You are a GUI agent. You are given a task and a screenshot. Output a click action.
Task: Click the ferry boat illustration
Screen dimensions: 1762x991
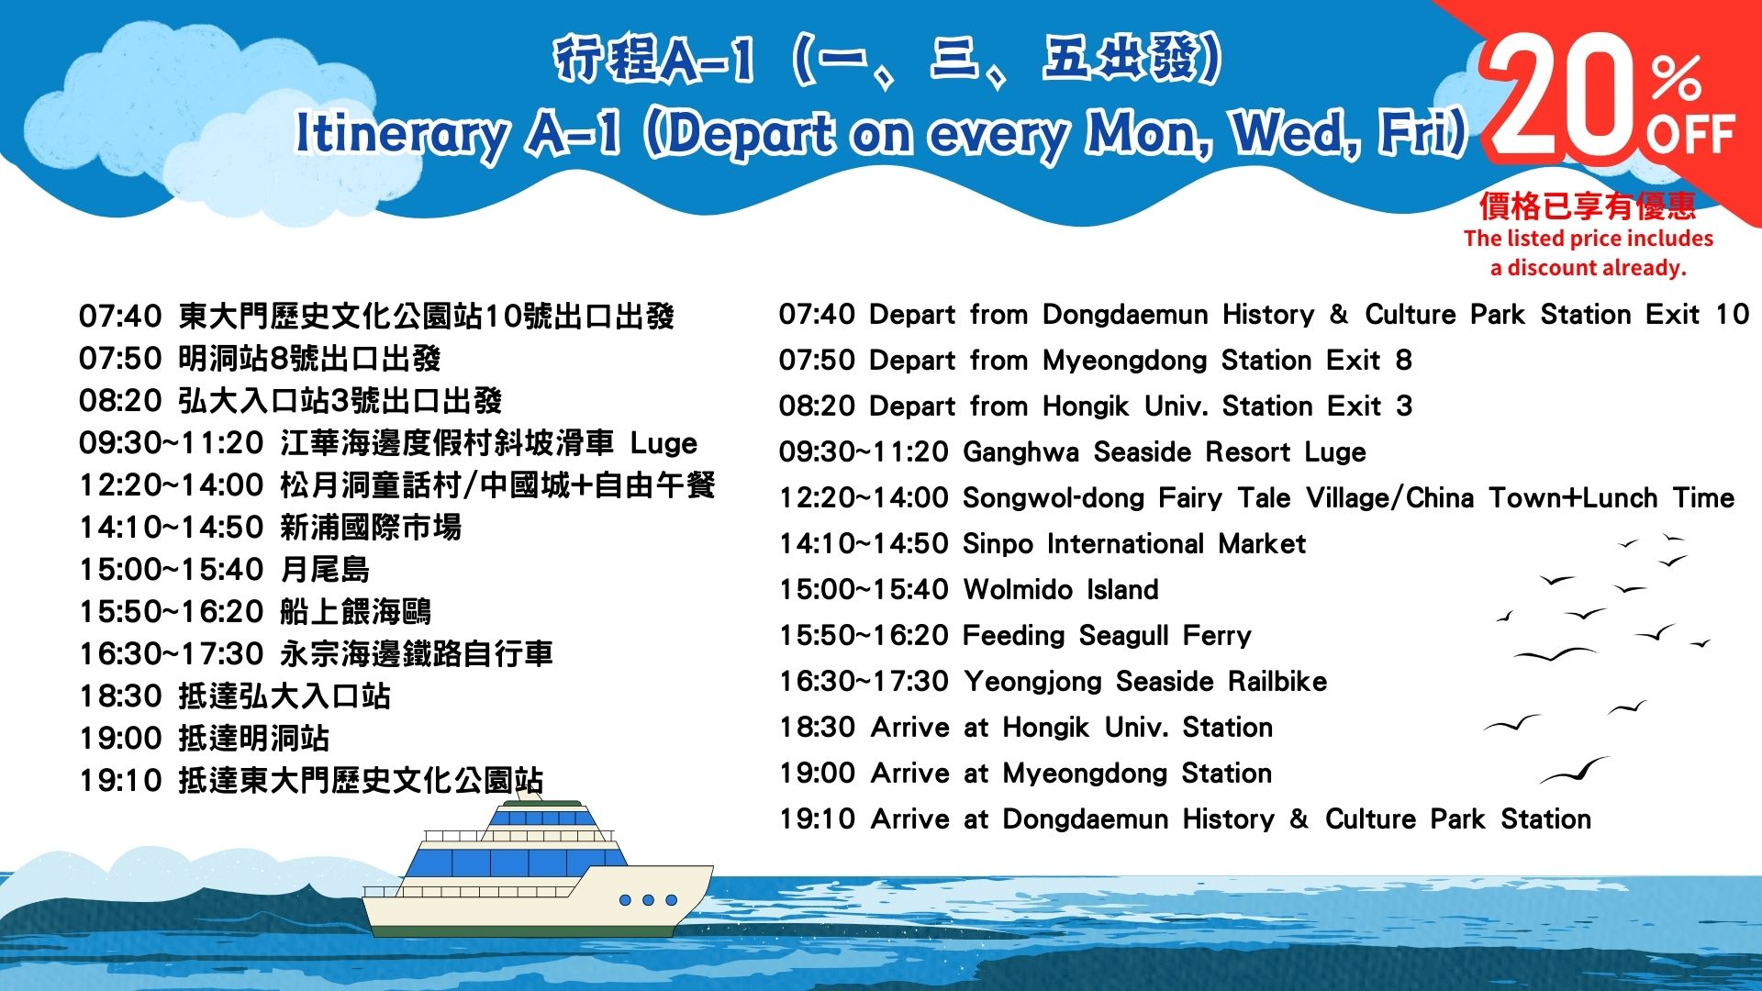538,868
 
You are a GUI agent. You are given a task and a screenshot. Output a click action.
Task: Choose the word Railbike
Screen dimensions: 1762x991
1277,681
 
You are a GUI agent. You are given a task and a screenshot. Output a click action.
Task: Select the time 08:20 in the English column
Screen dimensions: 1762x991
817,406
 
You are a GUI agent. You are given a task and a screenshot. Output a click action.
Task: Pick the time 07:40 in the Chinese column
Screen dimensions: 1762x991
120,317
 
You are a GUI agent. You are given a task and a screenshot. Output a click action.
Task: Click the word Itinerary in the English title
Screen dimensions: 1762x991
402,134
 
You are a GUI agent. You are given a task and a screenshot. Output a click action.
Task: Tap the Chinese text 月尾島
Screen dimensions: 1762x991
325,570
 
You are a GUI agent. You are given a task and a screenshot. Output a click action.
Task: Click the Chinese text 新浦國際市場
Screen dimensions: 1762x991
371,528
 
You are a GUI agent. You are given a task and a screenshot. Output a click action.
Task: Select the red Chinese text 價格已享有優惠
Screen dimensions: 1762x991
1588,206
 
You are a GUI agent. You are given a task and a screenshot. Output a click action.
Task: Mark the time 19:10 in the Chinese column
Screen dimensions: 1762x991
120,781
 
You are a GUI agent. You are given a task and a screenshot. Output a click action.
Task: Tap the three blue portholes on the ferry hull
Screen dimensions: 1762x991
648,900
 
